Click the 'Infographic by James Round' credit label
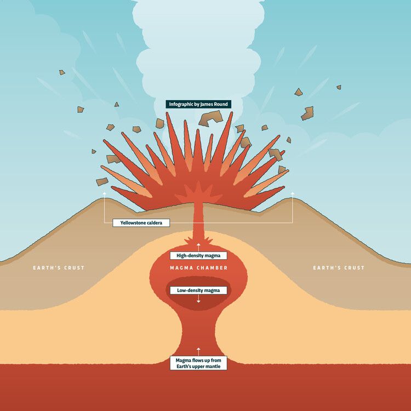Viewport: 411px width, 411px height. [198, 104]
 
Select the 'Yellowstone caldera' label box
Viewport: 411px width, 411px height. [141, 223]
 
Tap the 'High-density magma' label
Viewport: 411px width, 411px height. [198, 255]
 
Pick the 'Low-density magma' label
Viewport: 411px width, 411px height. [198, 290]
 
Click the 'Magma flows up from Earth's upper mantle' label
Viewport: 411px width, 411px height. [198, 363]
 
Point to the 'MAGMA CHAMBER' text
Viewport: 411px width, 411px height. [198, 268]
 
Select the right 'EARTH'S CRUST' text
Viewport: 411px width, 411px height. [339, 268]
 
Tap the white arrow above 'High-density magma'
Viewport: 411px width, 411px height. [198, 247]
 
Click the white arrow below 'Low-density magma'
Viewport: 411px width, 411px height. [198, 299]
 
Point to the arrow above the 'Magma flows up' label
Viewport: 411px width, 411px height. [198, 350]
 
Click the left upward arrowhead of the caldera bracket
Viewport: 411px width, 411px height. [105, 193]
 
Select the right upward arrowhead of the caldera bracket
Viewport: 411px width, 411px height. [292, 193]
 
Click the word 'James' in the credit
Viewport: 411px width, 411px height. [208, 104]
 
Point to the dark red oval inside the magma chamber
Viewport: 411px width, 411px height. [198, 299]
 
